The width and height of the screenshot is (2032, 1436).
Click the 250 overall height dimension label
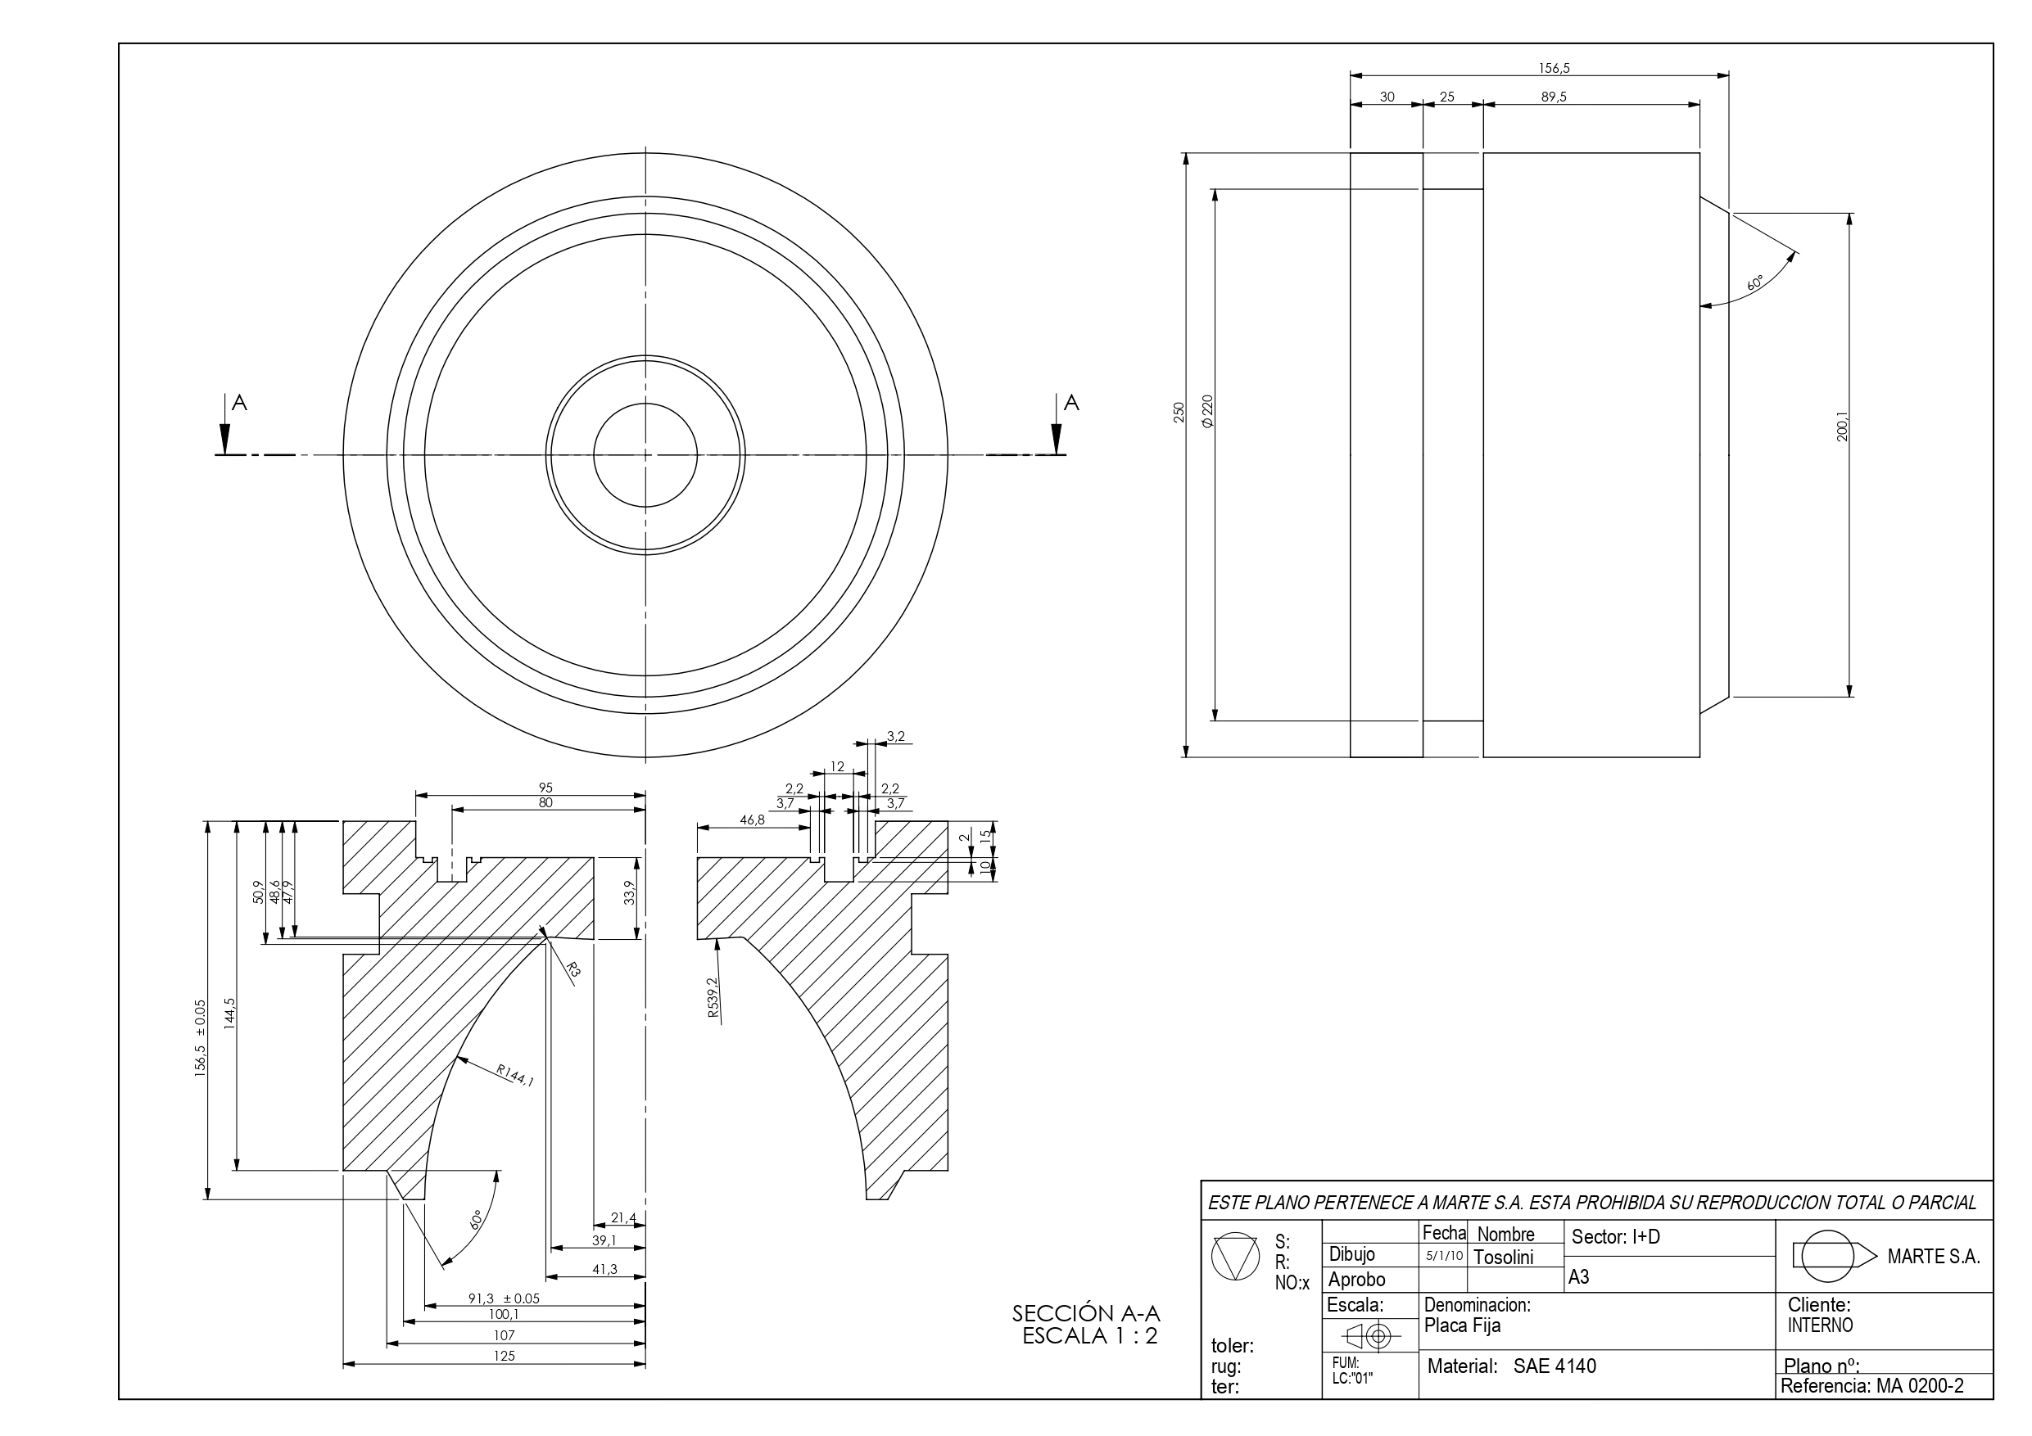[x=1178, y=413]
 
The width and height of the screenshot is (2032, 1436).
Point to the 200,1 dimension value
[x=1843, y=427]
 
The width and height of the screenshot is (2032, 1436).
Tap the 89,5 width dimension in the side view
[x=1553, y=97]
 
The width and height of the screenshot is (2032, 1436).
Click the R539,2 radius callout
[x=713, y=998]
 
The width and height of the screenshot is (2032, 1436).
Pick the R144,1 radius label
[x=515, y=1075]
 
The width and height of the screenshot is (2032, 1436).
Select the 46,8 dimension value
[x=751, y=820]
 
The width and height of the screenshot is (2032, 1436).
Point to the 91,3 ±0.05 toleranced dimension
[x=504, y=1298]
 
